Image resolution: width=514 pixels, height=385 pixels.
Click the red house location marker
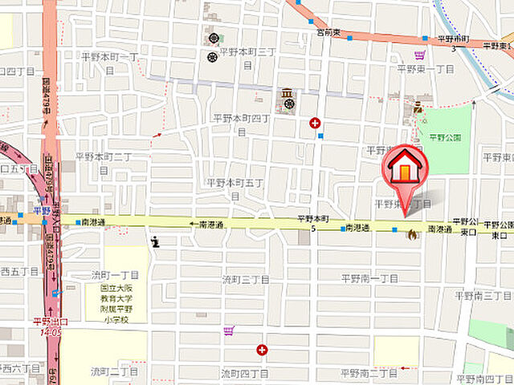pyautogui.click(x=407, y=168)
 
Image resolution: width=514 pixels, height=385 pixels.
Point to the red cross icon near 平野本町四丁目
pyautogui.click(x=315, y=123)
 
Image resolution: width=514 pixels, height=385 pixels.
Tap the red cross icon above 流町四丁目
pyautogui.click(x=262, y=350)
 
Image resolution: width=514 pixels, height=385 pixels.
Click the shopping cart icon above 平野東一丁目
pyautogui.click(x=419, y=55)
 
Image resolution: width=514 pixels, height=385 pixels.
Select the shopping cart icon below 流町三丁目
pyautogui.click(x=229, y=330)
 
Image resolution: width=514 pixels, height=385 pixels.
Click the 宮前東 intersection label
pyautogui.click(x=328, y=33)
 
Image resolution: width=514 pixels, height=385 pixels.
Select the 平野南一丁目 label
pyautogui.click(x=369, y=278)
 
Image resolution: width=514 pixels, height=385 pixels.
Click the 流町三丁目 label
pyautogui.click(x=245, y=279)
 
